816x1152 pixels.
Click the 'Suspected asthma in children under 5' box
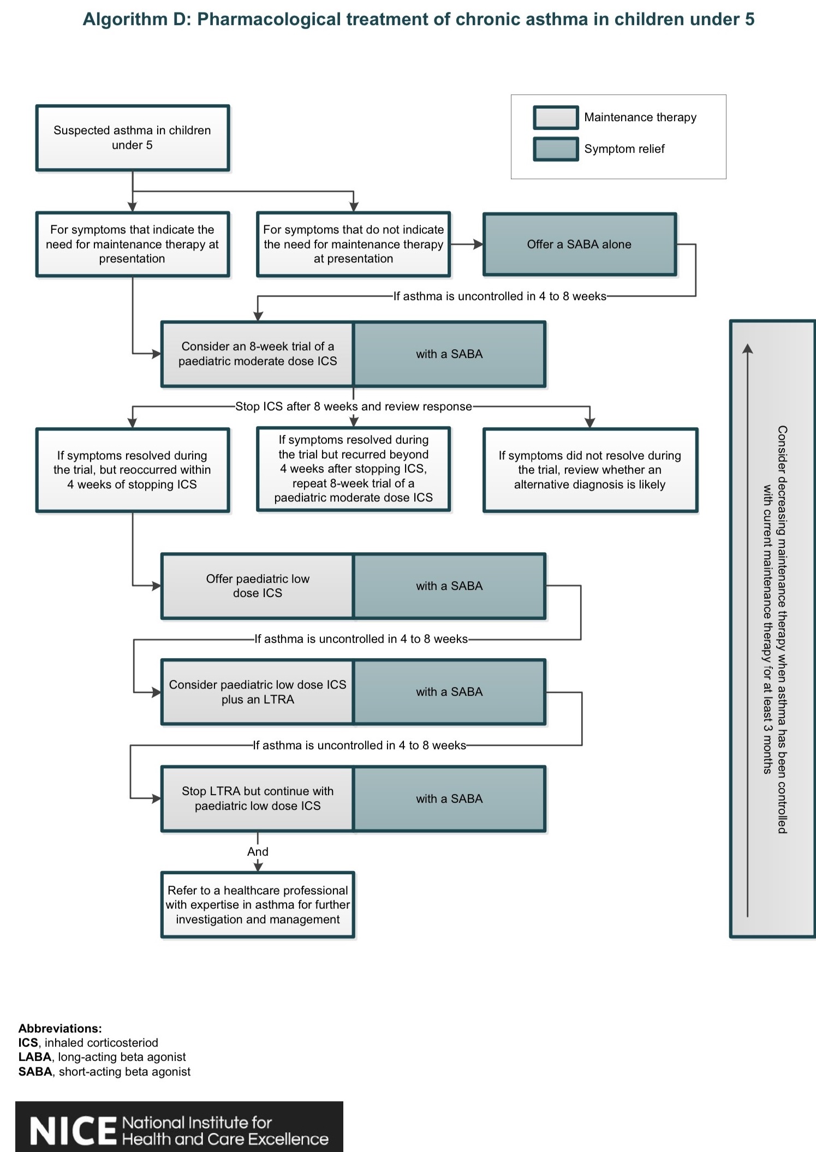tap(133, 138)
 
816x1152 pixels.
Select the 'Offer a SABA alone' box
tap(579, 244)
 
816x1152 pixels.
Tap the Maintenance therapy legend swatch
tap(556, 117)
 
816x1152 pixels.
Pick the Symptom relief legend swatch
tap(556, 149)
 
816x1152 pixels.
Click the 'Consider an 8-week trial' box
tap(258, 354)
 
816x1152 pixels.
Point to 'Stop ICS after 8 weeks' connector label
tap(354, 407)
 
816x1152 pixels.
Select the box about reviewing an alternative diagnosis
tap(590, 470)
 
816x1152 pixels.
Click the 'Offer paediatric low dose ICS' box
tap(258, 586)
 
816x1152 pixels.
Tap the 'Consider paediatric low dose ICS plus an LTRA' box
tap(258, 692)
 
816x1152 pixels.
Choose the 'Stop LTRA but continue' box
tap(258, 798)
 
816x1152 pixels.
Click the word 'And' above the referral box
tap(258, 851)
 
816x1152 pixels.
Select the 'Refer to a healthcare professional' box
tap(258, 905)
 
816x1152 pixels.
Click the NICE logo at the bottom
tap(179, 1126)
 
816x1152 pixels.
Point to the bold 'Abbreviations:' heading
tap(60, 1029)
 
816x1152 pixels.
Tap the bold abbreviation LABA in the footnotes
tap(35, 1057)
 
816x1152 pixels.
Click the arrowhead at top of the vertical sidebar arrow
tap(748, 348)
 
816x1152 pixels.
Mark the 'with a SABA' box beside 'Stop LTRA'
tap(449, 798)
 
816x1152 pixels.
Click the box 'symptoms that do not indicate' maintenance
tap(353, 244)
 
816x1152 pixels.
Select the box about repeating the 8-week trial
tap(354, 469)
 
